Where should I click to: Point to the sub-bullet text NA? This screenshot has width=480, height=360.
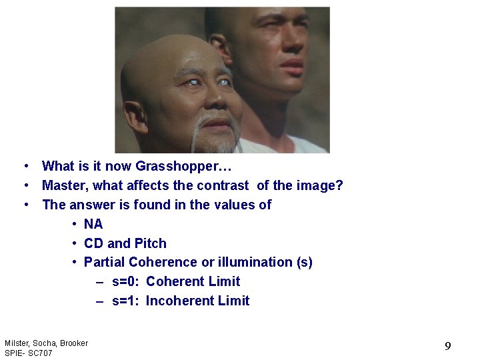point(93,224)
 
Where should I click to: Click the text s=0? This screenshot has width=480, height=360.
point(125,281)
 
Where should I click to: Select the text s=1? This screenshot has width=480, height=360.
point(125,301)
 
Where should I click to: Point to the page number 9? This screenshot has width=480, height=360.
point(448,346)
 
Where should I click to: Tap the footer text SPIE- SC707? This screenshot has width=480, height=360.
point(28,353)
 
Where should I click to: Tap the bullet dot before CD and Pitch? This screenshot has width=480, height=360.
point(75,243)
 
